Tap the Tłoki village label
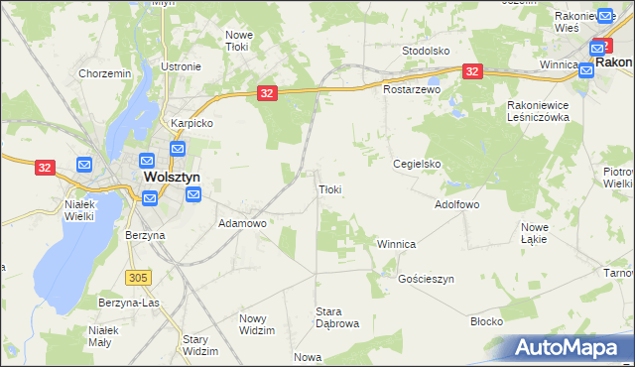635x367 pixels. click(330, 188)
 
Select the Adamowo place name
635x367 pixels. click(242, 224)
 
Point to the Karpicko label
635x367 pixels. click(191, 124)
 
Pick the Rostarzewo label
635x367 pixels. click(412, 89)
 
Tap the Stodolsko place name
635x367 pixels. click(427, 50)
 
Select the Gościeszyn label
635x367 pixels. click(426, 280)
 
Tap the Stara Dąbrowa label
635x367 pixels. click(336, 317)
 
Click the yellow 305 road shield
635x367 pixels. click(138, 276)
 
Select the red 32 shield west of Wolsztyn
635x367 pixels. click(45, 168)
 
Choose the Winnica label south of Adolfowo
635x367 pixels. click(396, 244)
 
